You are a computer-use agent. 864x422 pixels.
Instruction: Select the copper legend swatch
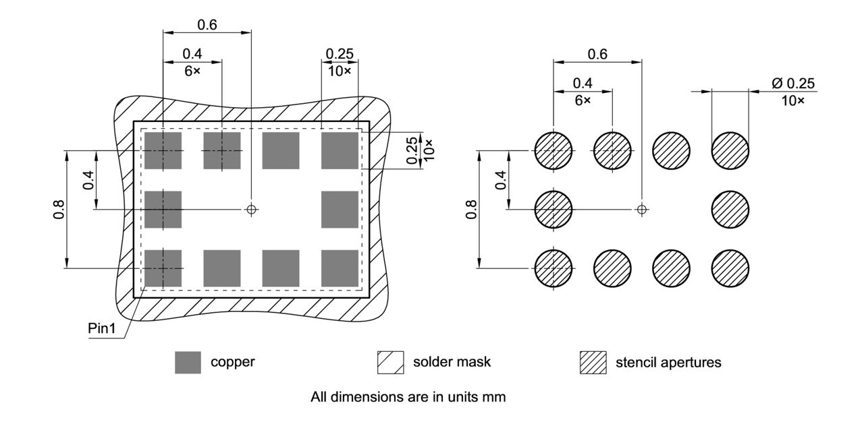(x=188, y=363)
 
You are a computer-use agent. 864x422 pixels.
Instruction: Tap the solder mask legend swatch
(x=389, y=363)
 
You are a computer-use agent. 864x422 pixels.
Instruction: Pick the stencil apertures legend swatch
(x=593, y=363)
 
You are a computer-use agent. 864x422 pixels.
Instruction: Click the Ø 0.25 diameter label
(x=793, y=84)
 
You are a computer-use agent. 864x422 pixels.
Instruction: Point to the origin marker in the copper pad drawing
(x=252, y=209)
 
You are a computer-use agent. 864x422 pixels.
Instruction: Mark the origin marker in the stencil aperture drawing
(x=642, y=209)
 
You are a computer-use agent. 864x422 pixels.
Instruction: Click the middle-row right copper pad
(x=340, y=209)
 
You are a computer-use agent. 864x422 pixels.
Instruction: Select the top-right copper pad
(x=340, y=150)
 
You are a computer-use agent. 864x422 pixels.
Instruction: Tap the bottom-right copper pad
(x=340, y=268)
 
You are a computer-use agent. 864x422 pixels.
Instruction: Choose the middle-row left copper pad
(x=163, y=209)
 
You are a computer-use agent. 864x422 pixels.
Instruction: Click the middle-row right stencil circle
(x=730, y=209)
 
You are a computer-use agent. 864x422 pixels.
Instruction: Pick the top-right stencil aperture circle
(x=730, y=150)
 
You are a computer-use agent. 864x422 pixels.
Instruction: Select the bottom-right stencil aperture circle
(x=730, y=268)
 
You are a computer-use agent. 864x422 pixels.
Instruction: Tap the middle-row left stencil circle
(x=553, y=209)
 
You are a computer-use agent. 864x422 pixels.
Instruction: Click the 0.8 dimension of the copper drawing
(x=59, y=210)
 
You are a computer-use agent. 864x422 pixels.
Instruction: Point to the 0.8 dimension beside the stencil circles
(x=471, y=210)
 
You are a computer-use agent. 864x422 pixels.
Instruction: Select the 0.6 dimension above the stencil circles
(x=597, y=54)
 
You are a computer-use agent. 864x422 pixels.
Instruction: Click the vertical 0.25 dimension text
(x=412, y=150)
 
